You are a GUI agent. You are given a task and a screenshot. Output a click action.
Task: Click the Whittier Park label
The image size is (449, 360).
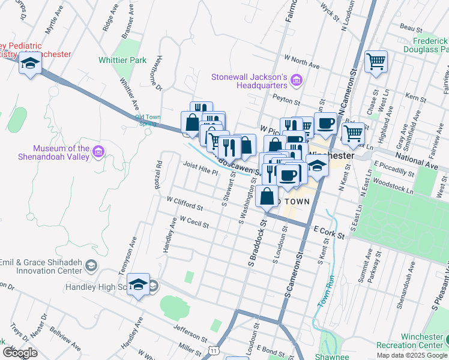[x=122, y=61]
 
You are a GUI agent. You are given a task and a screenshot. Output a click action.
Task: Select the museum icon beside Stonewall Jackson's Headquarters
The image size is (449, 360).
[x=296, y=80]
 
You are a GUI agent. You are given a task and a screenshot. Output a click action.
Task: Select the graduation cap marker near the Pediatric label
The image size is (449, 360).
[x=29, y=63]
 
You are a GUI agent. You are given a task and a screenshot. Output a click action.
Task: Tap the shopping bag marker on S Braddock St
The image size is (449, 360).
[x=267, y=196]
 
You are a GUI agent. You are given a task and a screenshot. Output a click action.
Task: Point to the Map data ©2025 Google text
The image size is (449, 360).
[x=411, y=355]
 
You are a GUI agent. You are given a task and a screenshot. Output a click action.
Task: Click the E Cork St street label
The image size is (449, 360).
[x=329, y=232]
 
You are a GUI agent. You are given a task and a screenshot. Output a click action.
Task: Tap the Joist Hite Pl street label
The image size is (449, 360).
[x=200, y=169]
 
